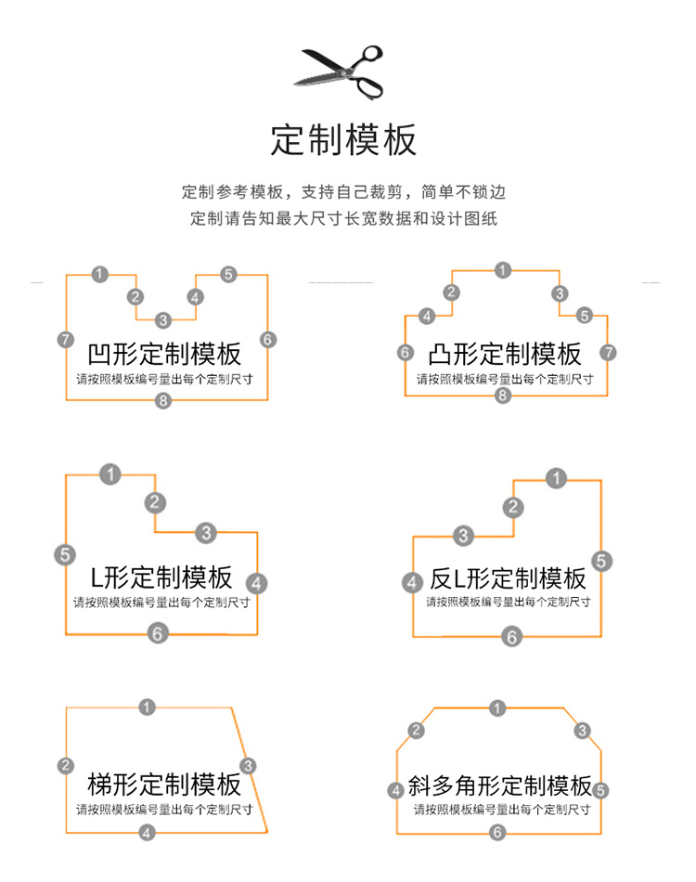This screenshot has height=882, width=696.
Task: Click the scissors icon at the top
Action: coord(341,71)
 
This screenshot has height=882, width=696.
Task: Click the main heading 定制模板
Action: coord(343,140)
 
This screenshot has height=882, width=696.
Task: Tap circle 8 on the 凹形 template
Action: coord(164,401)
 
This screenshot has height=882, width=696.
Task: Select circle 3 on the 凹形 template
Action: coord(163,320)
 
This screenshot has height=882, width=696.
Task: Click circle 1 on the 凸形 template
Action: coord(503,270)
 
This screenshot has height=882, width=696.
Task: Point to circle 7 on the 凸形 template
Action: coord(608,352)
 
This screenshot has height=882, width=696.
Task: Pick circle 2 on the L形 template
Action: coord(155,502)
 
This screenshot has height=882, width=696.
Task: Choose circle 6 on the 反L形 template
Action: coord(511,636)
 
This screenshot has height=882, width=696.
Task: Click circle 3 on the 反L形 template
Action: coord(463,535)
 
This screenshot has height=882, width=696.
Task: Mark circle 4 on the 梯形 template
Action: coord(147,832)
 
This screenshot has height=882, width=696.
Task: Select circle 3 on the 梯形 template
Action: coord(248,765)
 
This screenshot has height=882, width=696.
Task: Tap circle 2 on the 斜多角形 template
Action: coord(416,731)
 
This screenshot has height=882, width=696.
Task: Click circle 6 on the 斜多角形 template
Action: coord(497,832)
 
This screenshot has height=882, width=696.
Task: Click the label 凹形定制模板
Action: coord(164,354)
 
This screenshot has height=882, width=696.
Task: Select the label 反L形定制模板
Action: coord(509,578)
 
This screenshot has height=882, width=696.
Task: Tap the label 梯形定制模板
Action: coord(164,784)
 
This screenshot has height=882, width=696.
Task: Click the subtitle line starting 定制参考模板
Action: coord(344,192)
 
